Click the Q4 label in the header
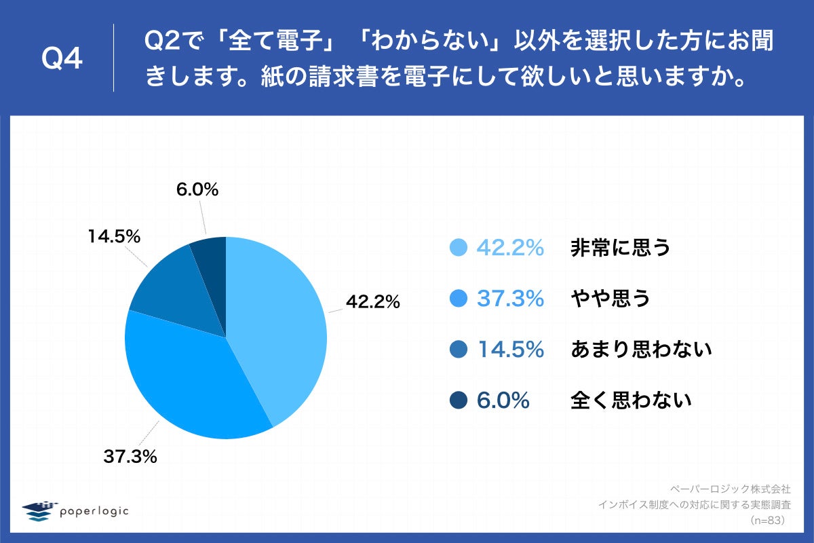62,59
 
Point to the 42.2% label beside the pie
372,303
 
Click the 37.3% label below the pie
130,457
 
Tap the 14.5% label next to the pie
113,237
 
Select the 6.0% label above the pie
197,190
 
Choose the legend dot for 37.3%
459,299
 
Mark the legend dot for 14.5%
459,350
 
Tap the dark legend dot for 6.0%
459,400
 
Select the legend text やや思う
610,299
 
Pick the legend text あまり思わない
641,350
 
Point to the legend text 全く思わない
631,400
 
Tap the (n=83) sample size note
767,521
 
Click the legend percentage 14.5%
510,350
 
